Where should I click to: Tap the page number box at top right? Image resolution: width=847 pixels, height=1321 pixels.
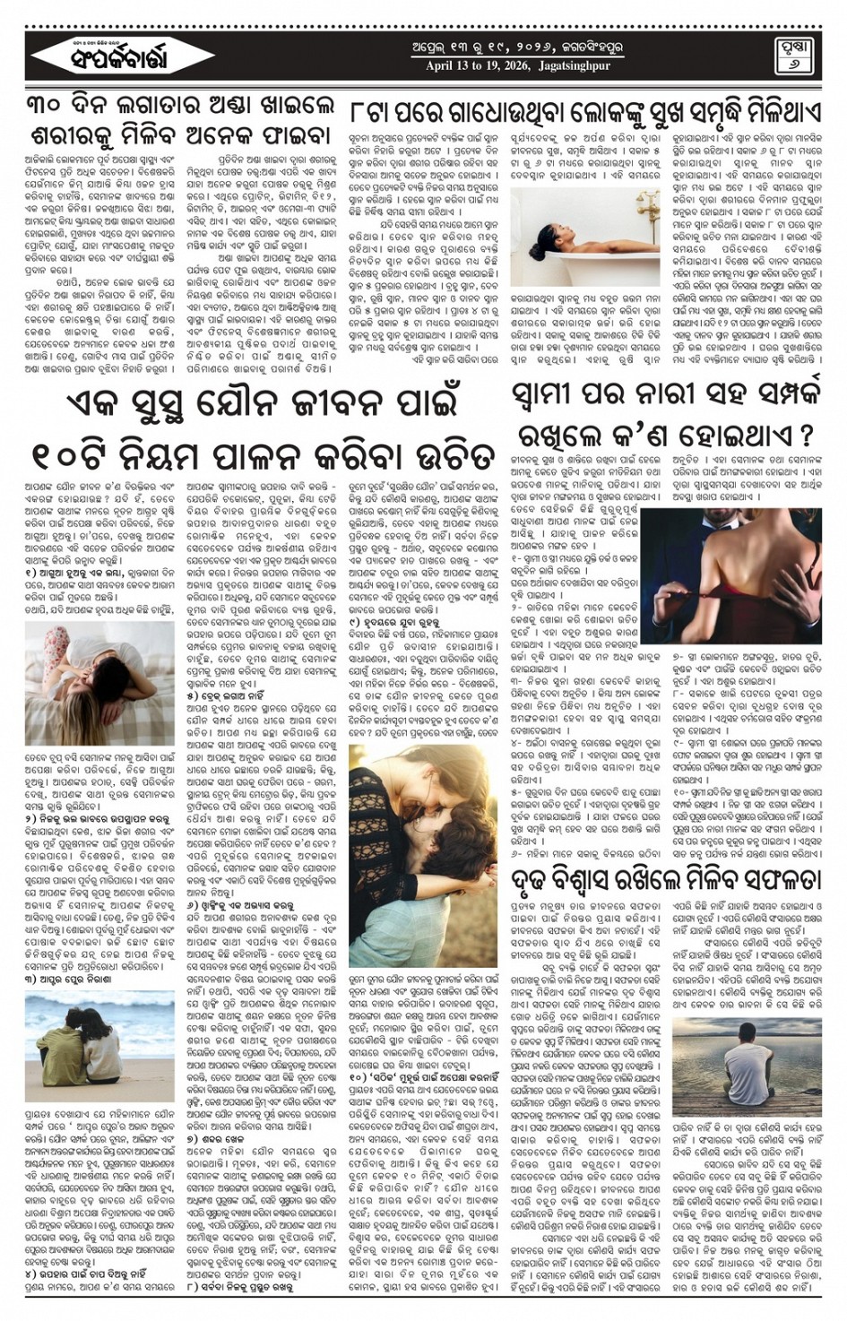pos(790,56)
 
